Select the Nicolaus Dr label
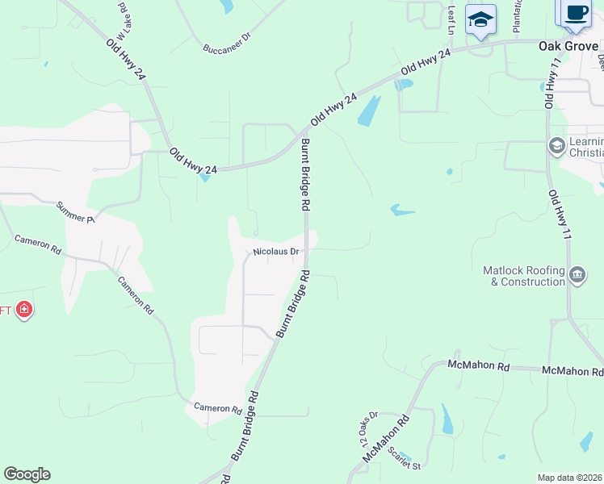(x=276, y=252)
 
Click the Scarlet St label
(x=405, y=459)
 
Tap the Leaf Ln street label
(x=451, y=19)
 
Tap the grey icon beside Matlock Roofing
(x=577, y=276)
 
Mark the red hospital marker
(x=24, y=309)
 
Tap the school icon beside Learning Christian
(x=556, y=146)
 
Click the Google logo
(x=27, y=474)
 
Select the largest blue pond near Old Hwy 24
(x=368, y=111)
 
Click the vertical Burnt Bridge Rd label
(x=306, y=175)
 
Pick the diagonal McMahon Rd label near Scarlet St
(x=386, y=436)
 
